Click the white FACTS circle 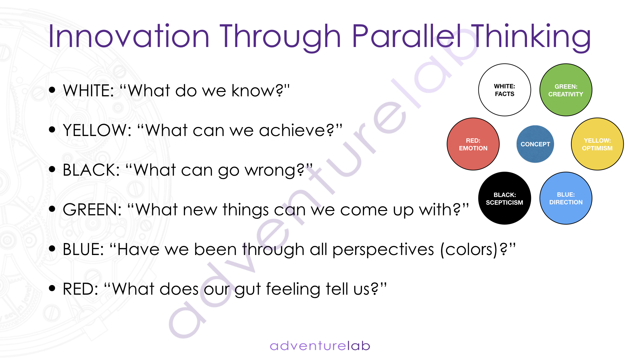[504, 90]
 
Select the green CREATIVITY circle [566, 90]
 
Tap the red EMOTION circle [473, 144]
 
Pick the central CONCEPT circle [535, 144]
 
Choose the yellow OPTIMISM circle [597, 144]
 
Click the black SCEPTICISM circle [504, 198]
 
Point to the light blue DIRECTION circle [566, 198]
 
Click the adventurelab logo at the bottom [320, 346]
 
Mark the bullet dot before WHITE [52, 90]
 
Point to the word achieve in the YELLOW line [292, 130]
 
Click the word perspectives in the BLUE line [383, 250]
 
